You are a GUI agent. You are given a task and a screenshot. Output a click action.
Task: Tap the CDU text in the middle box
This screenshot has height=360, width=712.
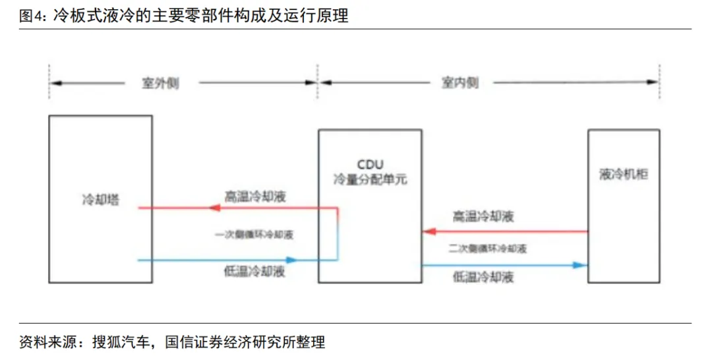[x=370, y=164]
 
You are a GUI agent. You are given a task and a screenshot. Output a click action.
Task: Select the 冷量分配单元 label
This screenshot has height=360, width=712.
[x=370, y=179]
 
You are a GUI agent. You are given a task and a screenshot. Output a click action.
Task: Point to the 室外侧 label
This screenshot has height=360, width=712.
[x=161, y=84]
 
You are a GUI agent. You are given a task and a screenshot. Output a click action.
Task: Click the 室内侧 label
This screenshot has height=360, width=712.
[x=460, y=84]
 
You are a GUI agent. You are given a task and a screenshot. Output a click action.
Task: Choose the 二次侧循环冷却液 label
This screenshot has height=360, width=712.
[x=487, y=249]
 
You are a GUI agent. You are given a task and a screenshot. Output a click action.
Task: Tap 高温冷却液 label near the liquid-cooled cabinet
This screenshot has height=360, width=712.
[x=483, y=216]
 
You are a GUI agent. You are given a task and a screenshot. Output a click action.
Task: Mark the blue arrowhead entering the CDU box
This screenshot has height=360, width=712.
[x=290, y=260]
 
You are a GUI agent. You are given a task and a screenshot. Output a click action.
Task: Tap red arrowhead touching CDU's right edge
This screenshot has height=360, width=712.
[x=429, y=231]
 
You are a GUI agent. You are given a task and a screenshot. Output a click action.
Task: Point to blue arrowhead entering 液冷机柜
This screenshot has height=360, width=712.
[x=579, y=265]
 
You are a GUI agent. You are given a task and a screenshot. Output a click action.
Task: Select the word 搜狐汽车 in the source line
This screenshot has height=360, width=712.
[x=117, y=342]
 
